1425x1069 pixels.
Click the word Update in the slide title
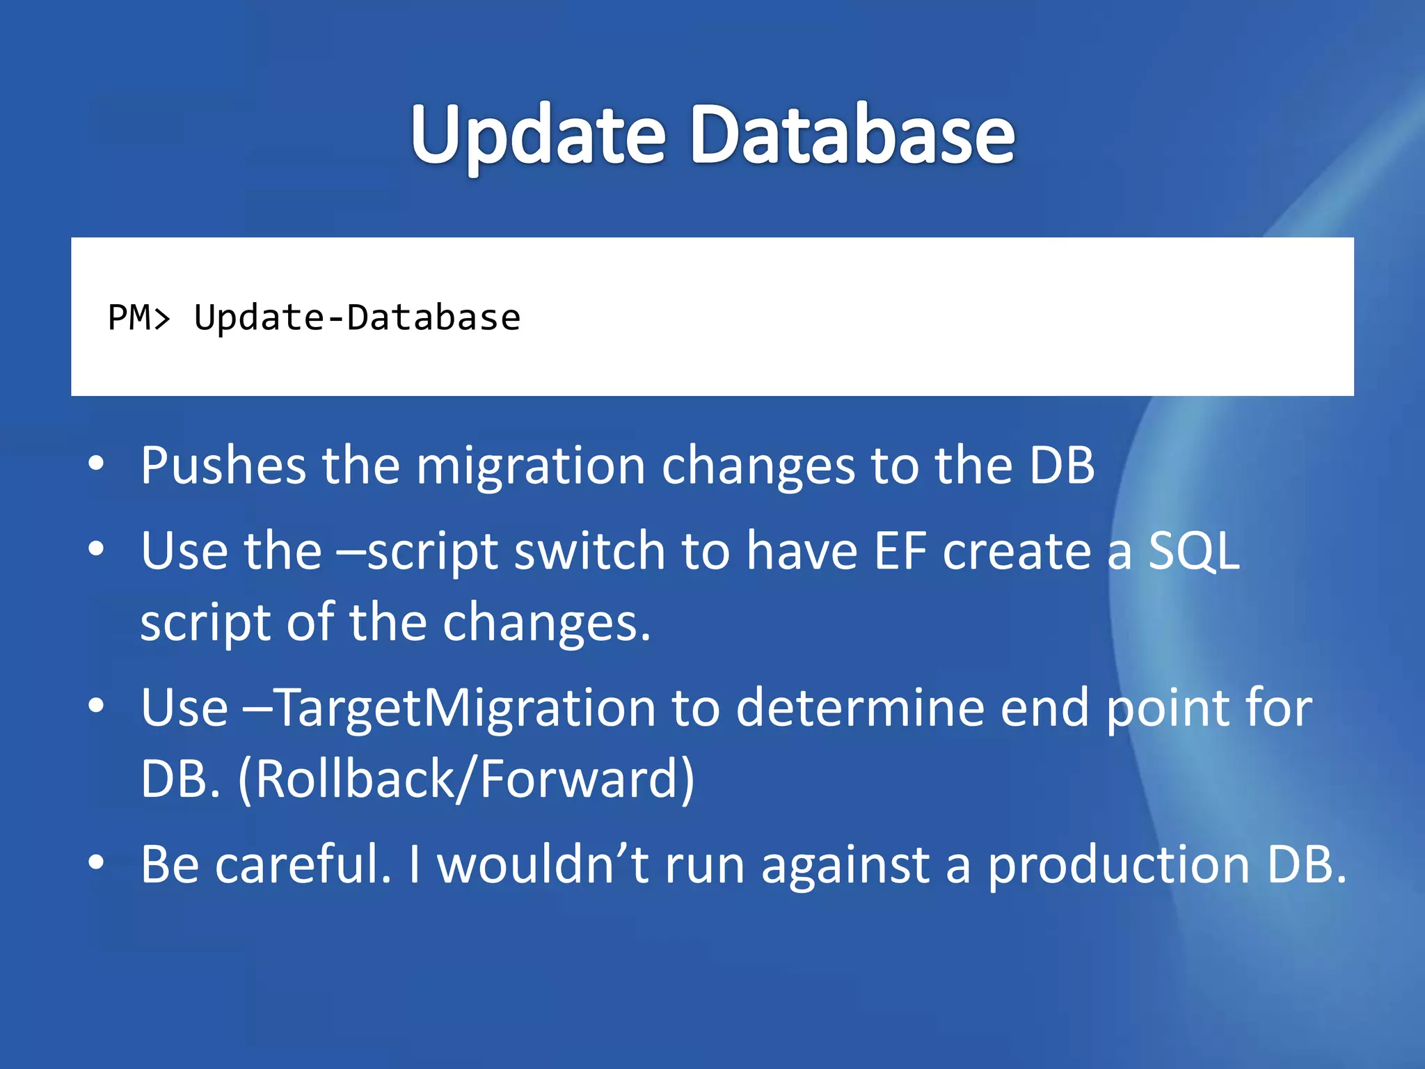click(x=538, y=136)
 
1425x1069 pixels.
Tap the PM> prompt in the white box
click(x=138, y=318)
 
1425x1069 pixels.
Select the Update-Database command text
click(x=357, y=318)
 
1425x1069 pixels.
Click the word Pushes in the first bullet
click(x=223, y=465)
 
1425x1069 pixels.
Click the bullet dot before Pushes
click(x=97, y=464)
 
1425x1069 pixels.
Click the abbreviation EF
click(x=901, y=551)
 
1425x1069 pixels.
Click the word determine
click(x=860, y=707)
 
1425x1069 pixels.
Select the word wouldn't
click(x=543, y=864)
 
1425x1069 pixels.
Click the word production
click(x=1119, y=865)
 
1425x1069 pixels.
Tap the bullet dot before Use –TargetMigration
click(x=97, y=706)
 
